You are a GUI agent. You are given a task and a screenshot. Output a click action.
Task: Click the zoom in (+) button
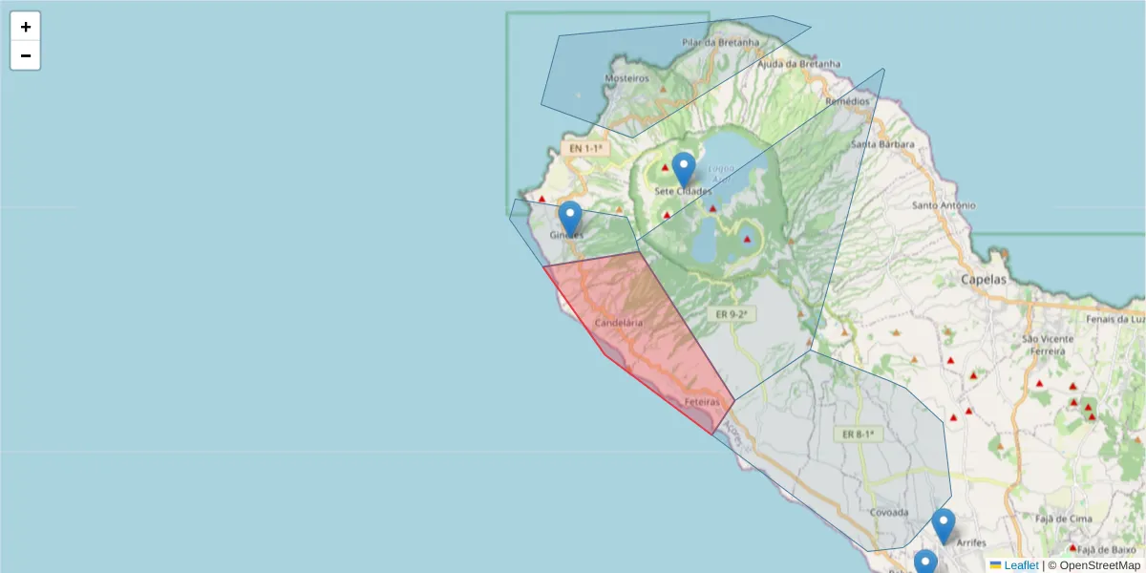pos(26,27)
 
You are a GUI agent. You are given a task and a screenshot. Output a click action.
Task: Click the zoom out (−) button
pos(26,55)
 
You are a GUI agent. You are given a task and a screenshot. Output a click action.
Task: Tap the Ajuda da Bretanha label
pos(798,64)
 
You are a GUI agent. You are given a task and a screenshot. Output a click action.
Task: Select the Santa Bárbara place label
pos(883,145)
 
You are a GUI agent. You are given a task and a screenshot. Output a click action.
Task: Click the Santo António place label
pos(944,205)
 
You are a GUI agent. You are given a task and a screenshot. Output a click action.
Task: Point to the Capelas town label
pos(984,281)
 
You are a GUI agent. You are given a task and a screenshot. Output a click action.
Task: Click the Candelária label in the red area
pos(619,324)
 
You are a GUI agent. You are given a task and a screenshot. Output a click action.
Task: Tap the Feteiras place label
pos(702,403)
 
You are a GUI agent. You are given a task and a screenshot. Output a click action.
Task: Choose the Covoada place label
pos(889,513)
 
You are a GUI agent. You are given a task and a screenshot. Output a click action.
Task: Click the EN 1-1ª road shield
pos(585,148)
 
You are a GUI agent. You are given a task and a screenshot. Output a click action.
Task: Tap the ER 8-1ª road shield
pos(859,434)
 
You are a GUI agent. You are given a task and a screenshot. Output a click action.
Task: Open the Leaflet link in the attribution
pos(1021,565)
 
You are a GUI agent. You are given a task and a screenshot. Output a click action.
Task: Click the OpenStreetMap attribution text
pos(1099,565)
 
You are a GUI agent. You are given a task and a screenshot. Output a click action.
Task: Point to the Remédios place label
pos(848,100)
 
